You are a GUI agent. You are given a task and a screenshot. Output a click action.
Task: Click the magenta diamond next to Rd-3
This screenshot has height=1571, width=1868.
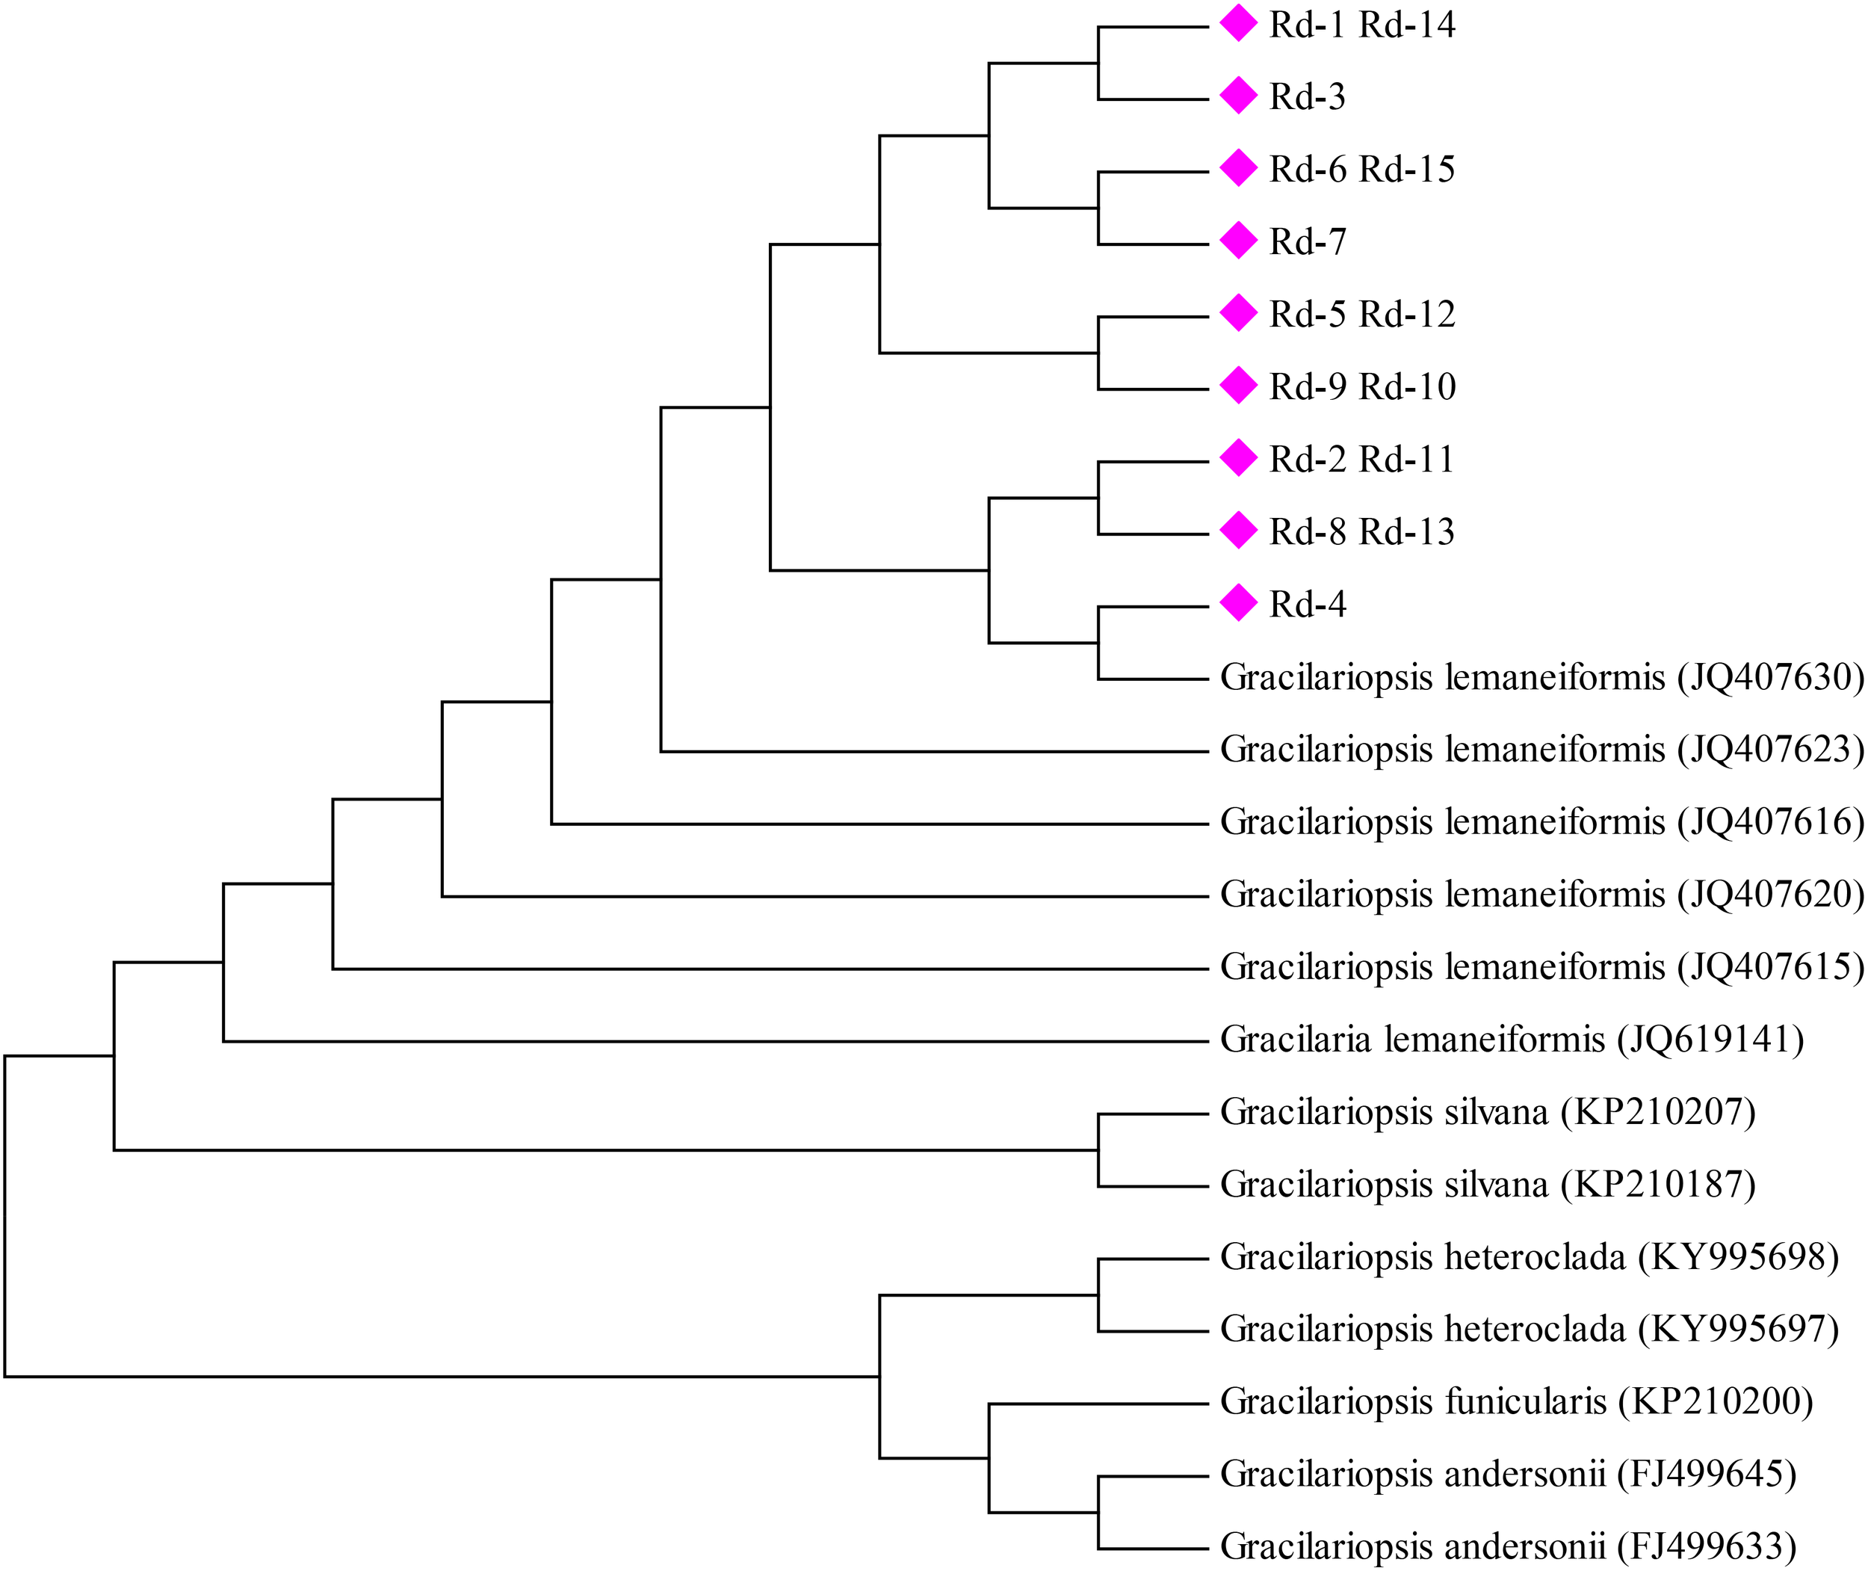click(x=1237, y=96)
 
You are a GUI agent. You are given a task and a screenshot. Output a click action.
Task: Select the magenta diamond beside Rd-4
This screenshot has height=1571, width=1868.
click(x=1237, y=603)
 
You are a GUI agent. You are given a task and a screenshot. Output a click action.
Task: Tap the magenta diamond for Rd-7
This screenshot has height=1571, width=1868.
click(x=1237, y=241)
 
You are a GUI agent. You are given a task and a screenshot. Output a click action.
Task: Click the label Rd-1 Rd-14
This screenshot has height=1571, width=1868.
click(x=1361, y=25)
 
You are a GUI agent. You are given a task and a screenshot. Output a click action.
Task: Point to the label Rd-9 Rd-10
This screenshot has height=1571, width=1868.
click(x=1361, y=386)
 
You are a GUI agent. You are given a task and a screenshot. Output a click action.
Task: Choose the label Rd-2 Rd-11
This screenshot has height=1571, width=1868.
click(x=1361, y=460)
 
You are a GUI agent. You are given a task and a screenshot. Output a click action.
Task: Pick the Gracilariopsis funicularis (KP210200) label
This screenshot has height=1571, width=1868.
click(x=1516, y=1401)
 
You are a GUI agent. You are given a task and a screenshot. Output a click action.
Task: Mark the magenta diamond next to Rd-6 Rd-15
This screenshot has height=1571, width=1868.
click(x=1237, y=167)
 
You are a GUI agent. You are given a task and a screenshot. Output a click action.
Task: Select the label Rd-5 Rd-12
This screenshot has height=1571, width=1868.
click(x=1361, y=315)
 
